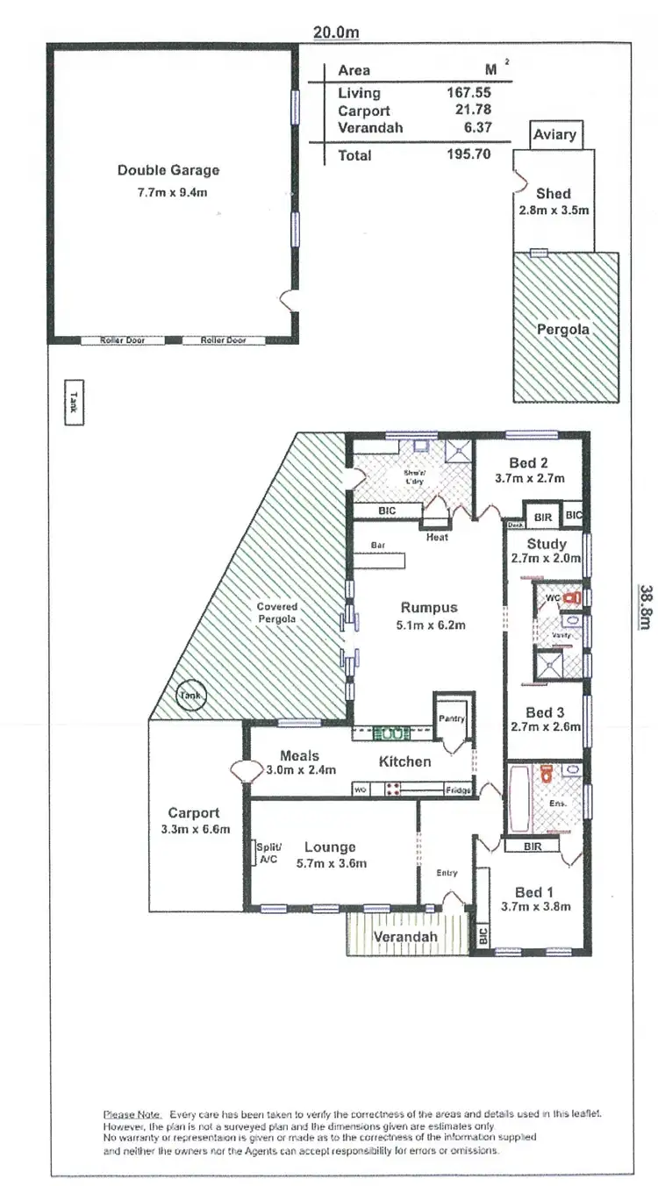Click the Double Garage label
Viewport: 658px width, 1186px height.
point(168,170)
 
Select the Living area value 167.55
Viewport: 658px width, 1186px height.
point(468,92)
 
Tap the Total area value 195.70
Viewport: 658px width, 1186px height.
point(468,155)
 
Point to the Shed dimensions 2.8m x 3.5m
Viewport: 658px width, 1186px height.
point(553,211)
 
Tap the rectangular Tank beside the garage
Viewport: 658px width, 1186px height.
point(74,402)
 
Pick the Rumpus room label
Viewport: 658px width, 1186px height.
point(429,607)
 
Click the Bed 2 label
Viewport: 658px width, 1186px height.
point(528,463)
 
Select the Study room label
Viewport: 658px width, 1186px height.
point(546,544)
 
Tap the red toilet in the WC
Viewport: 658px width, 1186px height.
point(574,597)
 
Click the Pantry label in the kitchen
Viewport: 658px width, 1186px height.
point(453,719)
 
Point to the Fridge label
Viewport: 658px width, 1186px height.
point(457,789)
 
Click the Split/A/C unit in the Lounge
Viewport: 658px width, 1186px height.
point(268,854)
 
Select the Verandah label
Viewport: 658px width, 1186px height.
point(404,938)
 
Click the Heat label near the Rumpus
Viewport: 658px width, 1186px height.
point(437,537)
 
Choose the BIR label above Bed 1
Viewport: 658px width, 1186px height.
point(532,846)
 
